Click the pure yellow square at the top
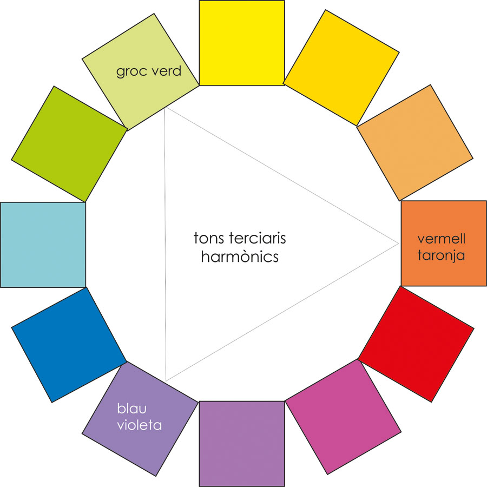pos(242,43)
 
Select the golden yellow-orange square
pos(341,68)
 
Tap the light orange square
pos(414,143)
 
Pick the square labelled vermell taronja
pos(444,243)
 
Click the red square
pos(416,344)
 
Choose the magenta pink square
pos(343,417)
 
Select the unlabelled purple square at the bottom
pos(242,444)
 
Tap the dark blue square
pos(69,345)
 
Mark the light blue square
pos(43,245)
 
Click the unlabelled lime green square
pos(69,144)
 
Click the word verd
pos(166,71)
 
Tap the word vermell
pos(442,239)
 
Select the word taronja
pos(441,255)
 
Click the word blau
pos(131,409)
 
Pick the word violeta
pos(140,425)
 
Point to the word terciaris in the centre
pos(258,238)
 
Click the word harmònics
pos(240,257)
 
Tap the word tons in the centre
pos(209,238)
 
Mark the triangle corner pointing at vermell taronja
pos(398,244)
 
